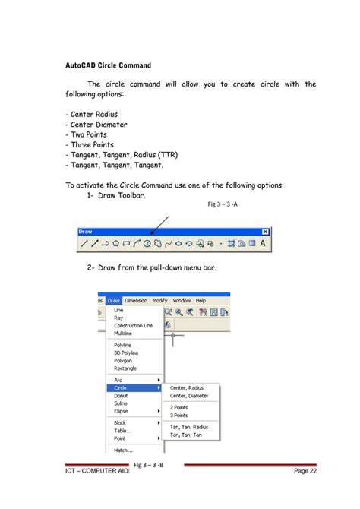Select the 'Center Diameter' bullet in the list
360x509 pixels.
click(96, 125)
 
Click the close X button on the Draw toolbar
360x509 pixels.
click(265, 232)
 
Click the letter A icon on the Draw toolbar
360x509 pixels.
click(263, 244)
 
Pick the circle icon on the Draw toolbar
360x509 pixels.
click(147, 244)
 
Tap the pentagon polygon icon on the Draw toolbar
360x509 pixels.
click(116, 244)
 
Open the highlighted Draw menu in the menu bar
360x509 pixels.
click(114, 300)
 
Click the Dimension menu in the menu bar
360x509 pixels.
click(136, 300)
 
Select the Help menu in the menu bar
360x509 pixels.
click(201, 300)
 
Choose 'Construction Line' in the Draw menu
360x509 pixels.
click(133, 325)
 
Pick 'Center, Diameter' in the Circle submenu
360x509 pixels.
click(188, 396)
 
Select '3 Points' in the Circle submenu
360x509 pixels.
click(179, 416)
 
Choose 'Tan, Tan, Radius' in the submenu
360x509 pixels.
click(189, 427)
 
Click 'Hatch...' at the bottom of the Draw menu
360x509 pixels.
click(123, 450)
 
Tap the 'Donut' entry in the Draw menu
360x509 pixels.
click(122, 396)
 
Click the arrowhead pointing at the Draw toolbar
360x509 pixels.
click(151, 235)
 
